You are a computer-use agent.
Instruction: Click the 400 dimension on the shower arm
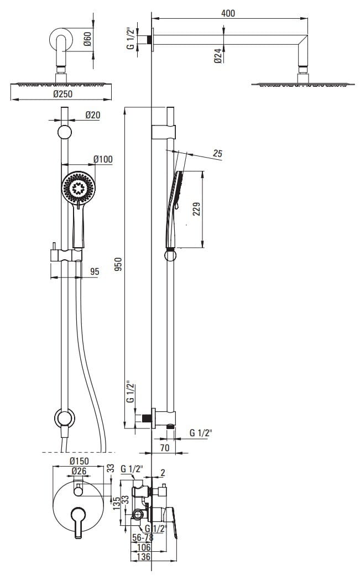pos(228,13)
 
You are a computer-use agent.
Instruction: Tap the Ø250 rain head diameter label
pos(62,94)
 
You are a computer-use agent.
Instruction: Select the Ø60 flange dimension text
pos(87,39)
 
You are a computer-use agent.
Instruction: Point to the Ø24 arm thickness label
pos(218,55)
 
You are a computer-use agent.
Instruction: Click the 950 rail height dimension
pos(118,264)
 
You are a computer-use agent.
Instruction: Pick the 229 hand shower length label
pos(196,209)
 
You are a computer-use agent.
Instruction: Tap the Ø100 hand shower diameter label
pos(103,159)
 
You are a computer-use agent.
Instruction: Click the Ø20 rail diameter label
pos(92,115)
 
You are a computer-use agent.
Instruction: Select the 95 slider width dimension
pos(95,271)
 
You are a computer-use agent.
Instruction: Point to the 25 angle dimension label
pos(217,153)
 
